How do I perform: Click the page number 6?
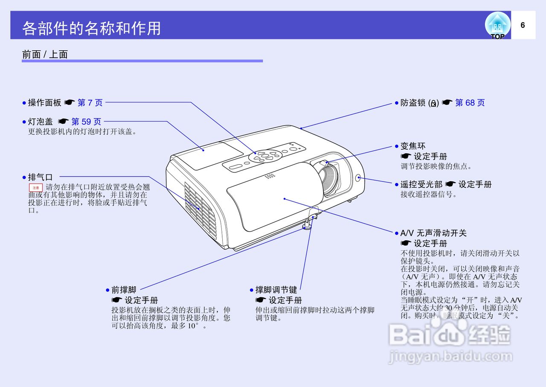pos(523,25)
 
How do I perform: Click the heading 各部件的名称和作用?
pos(91,28)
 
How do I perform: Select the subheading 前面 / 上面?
pos(45,54)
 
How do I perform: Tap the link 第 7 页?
pos(90,102)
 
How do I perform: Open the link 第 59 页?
pos(87,122)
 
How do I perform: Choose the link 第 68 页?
pos(470,102)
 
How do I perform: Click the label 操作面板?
pos(44,102)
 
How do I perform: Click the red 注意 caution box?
pos(36,187)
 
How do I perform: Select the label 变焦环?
pos(412,146)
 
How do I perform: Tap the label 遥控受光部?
pos(421,184)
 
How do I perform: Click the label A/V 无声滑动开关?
pos(433,233)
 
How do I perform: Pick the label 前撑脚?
pos(124,290)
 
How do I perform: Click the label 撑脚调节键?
pos(276,290)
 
